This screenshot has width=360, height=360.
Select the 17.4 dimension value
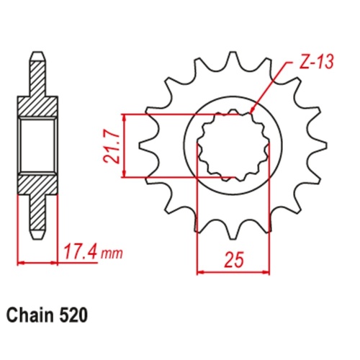click(x=78, y=253)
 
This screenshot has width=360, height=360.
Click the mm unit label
click(x=111, y=255)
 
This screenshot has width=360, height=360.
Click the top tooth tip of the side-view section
click(x=37, y=56)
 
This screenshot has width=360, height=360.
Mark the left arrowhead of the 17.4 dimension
click(x=20, y=262)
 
